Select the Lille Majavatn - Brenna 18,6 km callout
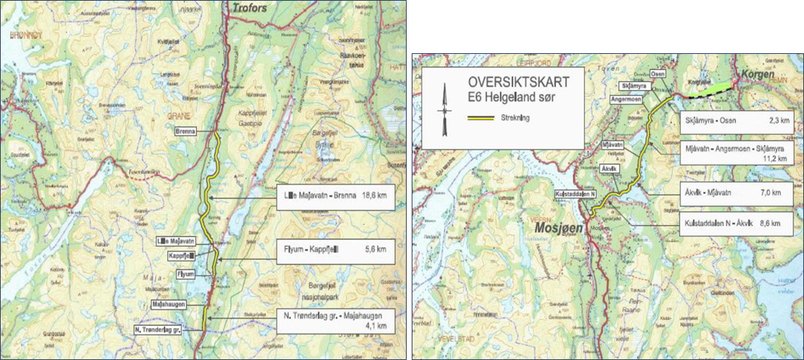click(x=335, y=198)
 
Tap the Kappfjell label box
click(x=182, y=256)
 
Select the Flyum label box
click(x=185, y=274)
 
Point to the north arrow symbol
click(x=445, y=109)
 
